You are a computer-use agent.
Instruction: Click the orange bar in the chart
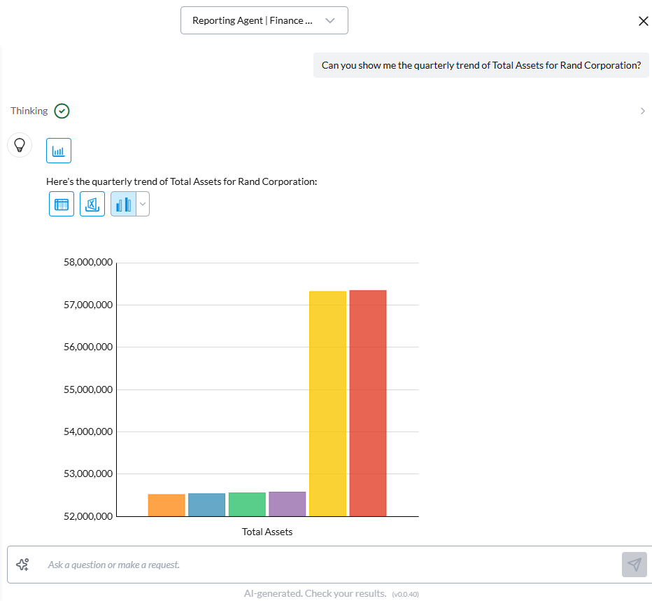click(x=166, y=505)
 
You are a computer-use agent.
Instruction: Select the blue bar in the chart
click(x=206, y=504)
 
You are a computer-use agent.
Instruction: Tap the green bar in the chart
click(x=247, y=504)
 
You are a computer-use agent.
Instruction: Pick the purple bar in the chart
click(x=287, y=504)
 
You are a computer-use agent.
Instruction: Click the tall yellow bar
click(x=327, y=403)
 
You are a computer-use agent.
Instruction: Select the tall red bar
click(x=368, y=403)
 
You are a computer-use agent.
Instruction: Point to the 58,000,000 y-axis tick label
click(x=87, y=263)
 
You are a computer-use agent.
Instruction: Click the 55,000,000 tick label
click(x=87, y=389)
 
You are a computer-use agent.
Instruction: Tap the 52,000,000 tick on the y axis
click(x=87, y=516)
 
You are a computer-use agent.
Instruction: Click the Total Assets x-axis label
click(x=267, y=532)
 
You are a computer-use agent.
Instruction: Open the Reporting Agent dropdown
click(x=264, y=20)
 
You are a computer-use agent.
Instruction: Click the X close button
click(x=644, y=21)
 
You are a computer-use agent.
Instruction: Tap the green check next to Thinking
click(x=62, y=111)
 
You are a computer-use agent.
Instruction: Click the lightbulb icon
click(x=20, y=145)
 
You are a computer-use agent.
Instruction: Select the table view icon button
click(x=62, y=204)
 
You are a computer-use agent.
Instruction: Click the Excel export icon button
click(x=92, y=204)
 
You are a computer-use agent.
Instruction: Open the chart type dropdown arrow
click(x=143, y=204)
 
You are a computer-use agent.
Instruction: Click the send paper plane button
click(x=634, y=565)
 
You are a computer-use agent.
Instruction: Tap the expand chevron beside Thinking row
click(x=642, y=111)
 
